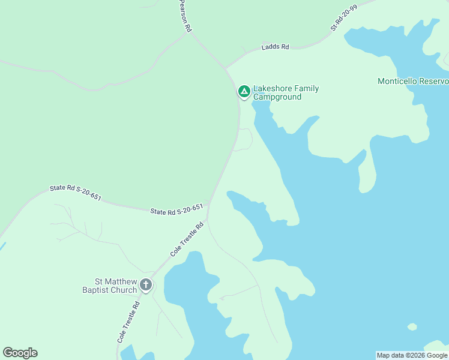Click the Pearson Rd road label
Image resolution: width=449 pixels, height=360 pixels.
[x=185, y=16]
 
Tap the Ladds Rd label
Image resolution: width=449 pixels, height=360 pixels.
[x=276, y=47]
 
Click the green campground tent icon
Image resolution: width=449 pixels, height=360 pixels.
[x=244, y=91]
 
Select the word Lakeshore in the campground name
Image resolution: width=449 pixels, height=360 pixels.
[x=271, y=89]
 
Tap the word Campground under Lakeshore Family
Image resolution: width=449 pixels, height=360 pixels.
[x=277, y=97]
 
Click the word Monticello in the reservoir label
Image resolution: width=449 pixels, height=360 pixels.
[x=399, y=81]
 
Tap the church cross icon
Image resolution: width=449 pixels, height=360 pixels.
[x=145, y=285]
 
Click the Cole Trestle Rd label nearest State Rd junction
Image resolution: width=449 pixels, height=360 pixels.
[x=187, y=239]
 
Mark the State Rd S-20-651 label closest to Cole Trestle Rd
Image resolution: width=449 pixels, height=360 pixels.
[x=176, y=210]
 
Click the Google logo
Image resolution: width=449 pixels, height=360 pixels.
[x=20, y=353]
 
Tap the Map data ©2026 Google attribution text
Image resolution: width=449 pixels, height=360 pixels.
[x=412, y=355]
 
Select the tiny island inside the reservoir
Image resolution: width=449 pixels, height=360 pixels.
[x=411, y=327]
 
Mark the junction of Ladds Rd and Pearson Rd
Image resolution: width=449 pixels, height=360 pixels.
[x=225, y=68]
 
